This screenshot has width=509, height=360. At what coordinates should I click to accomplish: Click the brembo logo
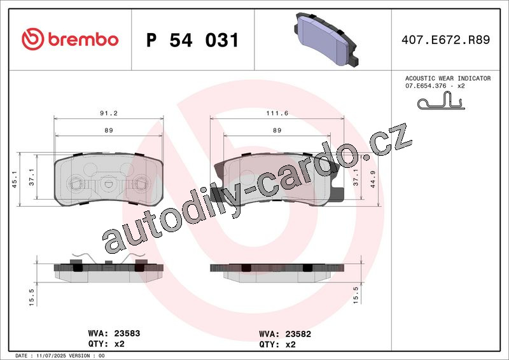click(70, 39)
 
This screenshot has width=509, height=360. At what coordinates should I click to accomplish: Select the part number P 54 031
click(193, 40)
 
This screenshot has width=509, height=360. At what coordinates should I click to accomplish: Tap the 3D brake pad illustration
click(326, 39)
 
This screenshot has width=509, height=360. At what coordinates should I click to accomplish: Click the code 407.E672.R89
click(445, 39)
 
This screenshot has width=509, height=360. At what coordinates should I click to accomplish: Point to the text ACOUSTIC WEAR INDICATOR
click(448, 78)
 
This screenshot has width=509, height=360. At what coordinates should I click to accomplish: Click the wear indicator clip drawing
click(441, 100)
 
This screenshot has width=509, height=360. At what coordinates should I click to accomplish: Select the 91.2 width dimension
click(108, 113)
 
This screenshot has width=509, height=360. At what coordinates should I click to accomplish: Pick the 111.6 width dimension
click(277, 113)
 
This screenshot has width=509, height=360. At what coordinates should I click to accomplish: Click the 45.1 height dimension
click(15, 179)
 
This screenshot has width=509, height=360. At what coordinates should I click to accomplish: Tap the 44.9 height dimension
click(373, 179)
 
